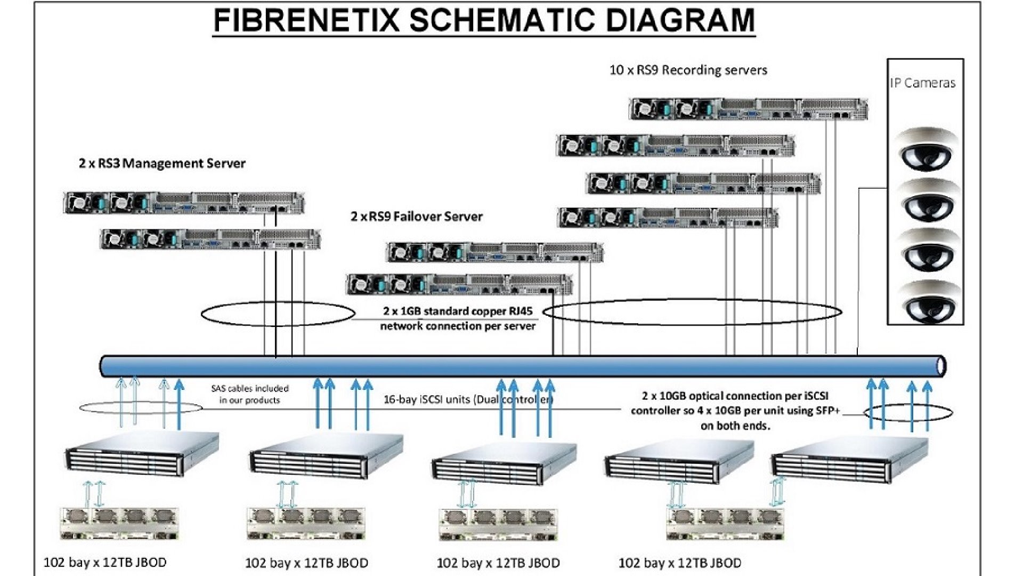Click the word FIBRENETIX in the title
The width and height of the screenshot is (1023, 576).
307,20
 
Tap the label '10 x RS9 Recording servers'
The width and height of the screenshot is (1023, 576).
688,70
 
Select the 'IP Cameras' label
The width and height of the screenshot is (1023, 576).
922,83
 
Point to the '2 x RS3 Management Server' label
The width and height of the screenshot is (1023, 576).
162,163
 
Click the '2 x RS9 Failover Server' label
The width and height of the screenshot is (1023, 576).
416,217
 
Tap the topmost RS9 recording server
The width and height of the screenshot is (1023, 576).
748,109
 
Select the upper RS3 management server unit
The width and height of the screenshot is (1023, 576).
184,203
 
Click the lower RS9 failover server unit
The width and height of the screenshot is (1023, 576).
459,284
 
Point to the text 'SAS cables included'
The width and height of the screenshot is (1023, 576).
249,388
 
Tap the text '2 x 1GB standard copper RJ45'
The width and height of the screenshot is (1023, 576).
457,311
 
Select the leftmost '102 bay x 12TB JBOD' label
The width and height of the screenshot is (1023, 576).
105,562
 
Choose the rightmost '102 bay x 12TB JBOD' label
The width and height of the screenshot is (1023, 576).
679,562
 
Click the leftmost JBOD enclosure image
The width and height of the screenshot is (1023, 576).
118,524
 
